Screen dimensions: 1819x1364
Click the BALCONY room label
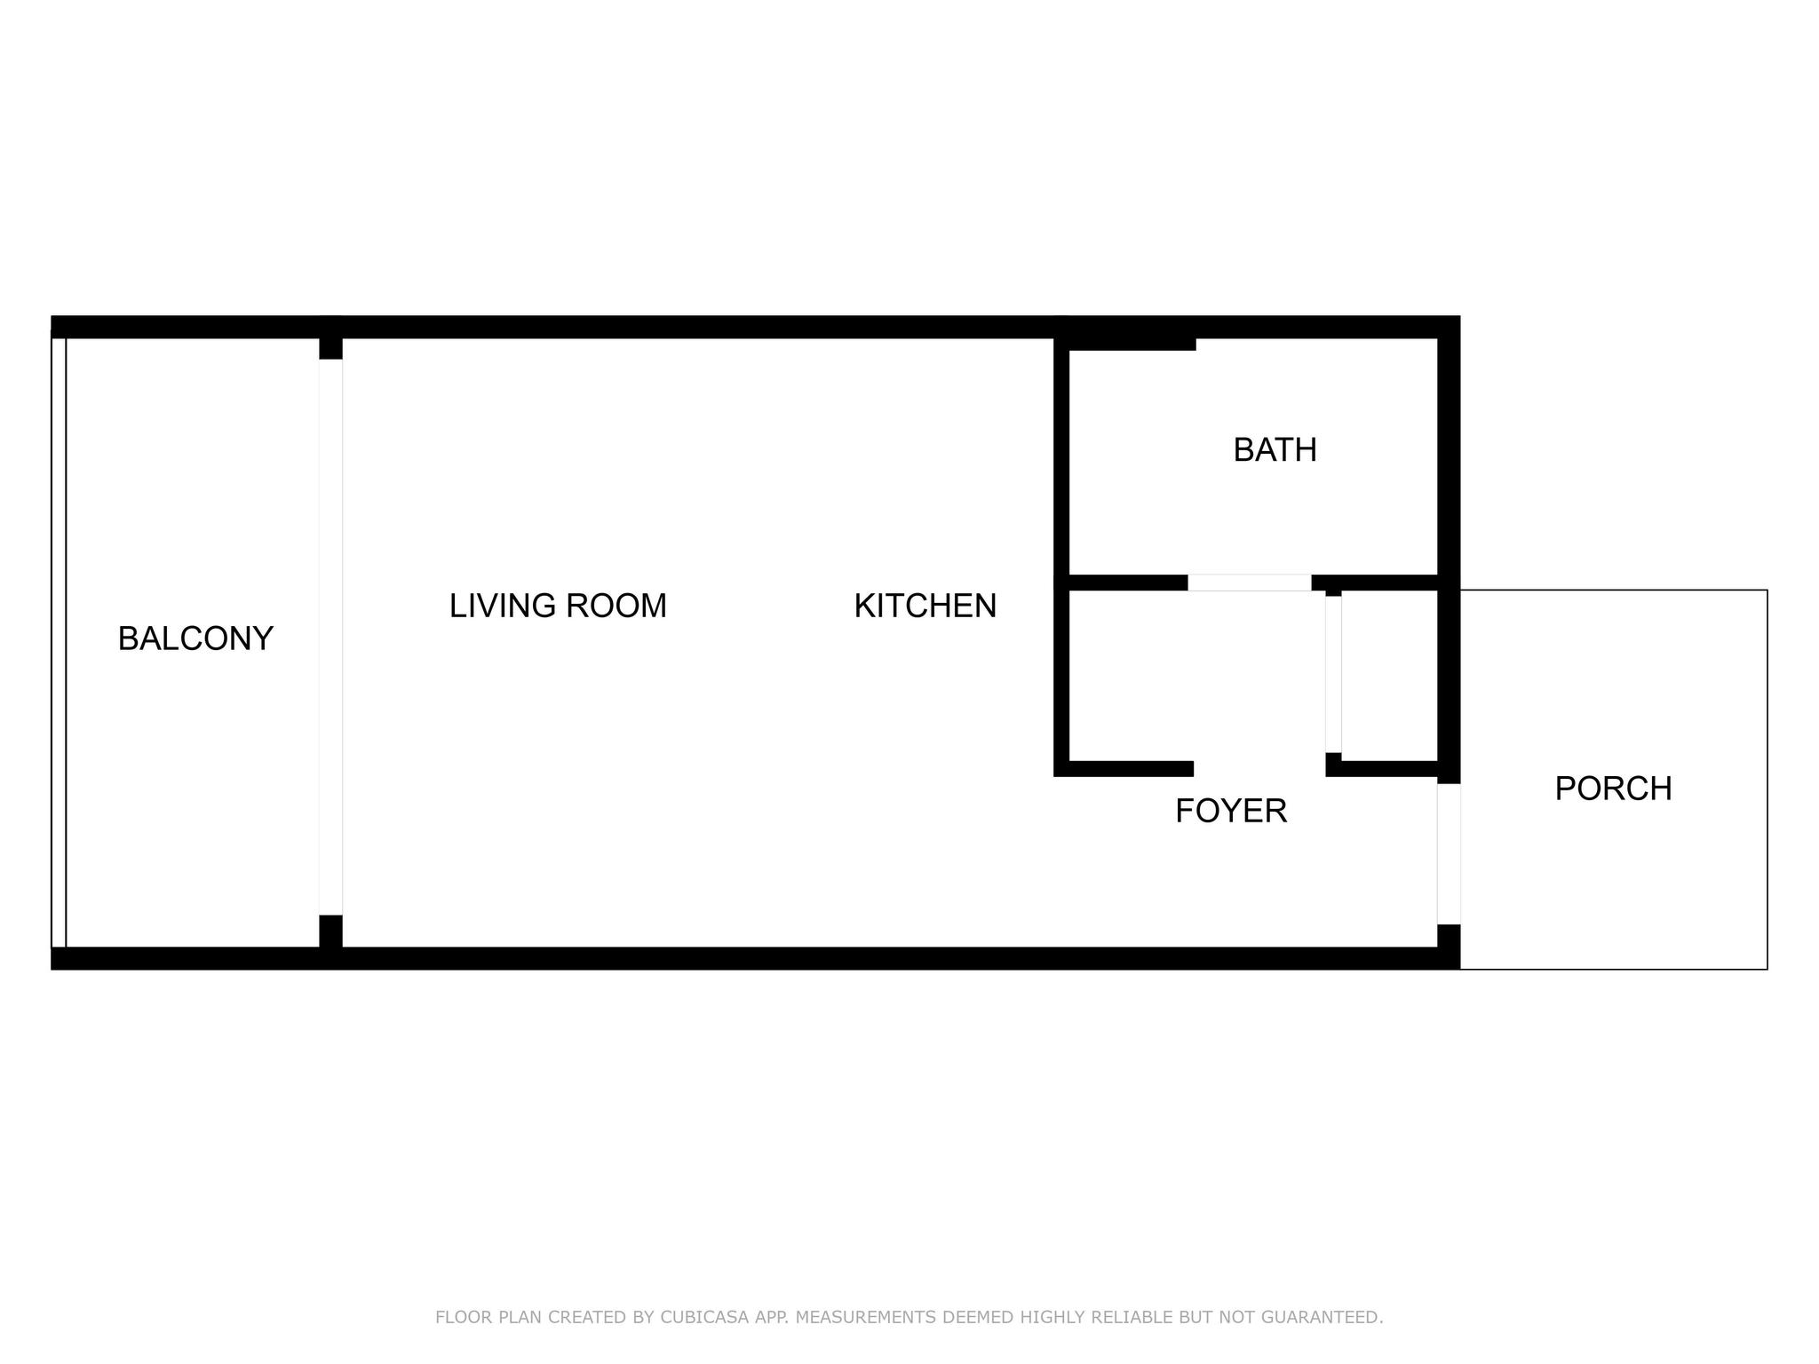pos(195,638)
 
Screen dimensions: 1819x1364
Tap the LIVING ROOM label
pos(558,606)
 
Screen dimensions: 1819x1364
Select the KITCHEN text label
pos(925,606)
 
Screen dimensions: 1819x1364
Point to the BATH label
pos(1275,450)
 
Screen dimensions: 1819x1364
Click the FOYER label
pos(1231,811)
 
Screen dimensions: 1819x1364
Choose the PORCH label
pos(1613,789)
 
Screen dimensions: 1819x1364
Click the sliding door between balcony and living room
pos(330,637)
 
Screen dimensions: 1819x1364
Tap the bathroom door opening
pos(1250,583)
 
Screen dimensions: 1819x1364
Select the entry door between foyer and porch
pos(1449,854)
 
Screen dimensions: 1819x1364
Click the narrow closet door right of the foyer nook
pos(1333,674)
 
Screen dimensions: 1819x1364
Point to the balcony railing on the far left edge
pos(59,643)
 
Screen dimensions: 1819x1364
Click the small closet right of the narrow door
pos(1389,676)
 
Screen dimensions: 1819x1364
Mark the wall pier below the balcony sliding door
pos(330,932)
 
